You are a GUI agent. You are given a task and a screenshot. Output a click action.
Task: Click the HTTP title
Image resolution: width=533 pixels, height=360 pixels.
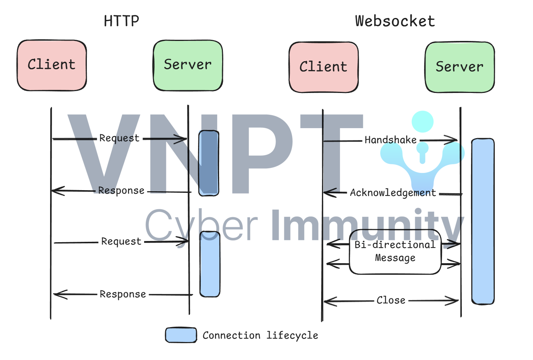tap(122, 21)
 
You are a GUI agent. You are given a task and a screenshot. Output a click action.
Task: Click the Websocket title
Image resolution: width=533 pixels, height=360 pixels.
tap(395, 21)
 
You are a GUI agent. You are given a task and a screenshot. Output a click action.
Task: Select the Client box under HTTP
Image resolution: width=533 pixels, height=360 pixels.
tap(52, 65)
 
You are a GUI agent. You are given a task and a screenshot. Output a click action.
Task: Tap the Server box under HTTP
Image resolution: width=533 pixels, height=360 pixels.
tap(188, 65)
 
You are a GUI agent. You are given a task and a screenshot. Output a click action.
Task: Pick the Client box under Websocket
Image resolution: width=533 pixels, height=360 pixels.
tap(324, 67)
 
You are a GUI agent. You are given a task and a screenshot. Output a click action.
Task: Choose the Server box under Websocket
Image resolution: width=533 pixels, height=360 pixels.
tap(460, 67)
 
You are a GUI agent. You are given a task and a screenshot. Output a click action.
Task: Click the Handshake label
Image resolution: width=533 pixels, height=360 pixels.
tap(391, 140)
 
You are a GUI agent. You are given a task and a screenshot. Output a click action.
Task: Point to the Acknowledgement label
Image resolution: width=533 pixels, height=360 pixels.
tap(393, 193)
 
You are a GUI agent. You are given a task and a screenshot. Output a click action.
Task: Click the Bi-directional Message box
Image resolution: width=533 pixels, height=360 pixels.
tap(395, 252)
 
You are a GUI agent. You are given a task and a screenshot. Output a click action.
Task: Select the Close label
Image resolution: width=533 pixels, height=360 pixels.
tap(391, 300)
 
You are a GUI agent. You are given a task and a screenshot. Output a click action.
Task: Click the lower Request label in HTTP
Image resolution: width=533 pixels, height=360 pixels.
tap(121, 241)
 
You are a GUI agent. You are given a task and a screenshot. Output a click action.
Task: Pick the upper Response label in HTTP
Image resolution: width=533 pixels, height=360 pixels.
tap(121, 191)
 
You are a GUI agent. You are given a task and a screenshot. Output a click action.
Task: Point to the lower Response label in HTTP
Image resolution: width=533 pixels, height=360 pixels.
tap(123, 294)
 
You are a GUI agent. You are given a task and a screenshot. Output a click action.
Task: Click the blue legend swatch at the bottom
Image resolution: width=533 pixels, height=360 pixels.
tap(181, 335)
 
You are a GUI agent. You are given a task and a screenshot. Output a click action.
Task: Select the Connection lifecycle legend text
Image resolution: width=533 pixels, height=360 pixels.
tap(260, 336)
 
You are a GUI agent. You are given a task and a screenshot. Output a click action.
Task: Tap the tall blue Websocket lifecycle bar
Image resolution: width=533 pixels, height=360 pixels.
tap(483, 222)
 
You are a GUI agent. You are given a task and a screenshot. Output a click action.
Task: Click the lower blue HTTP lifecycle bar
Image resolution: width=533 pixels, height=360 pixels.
tap(210, 264)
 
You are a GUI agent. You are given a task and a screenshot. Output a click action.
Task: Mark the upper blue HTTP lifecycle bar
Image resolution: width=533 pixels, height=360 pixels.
tap(209, 163)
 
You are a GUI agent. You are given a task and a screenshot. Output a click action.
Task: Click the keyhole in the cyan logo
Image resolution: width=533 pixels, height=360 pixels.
tap(422, 153)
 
